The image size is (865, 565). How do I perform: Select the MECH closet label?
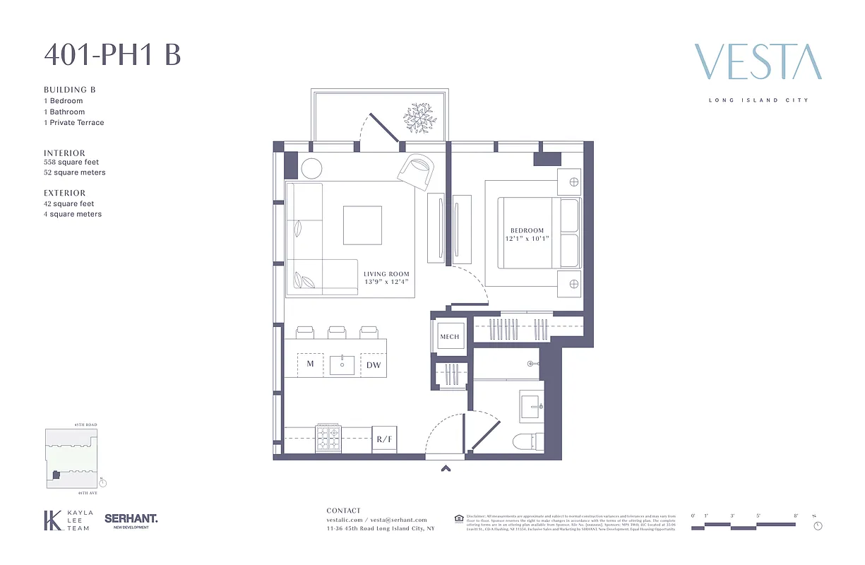click(450, 337)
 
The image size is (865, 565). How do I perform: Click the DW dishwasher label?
click(374, 365)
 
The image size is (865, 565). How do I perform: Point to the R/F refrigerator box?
click(384, 439)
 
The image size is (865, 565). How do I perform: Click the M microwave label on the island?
click(310, 364)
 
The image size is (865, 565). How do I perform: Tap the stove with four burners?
click(328, 439)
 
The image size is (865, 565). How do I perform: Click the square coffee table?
click(362, 225)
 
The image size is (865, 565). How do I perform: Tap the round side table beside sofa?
click(311, 168)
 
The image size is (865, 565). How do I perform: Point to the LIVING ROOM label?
click(386, 274)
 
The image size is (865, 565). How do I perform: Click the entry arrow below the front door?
click(445, 467)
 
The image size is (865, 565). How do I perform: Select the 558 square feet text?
click(71, 162)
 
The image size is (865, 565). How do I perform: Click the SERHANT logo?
click(131, 519)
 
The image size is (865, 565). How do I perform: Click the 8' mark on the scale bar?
click(796, 516)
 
